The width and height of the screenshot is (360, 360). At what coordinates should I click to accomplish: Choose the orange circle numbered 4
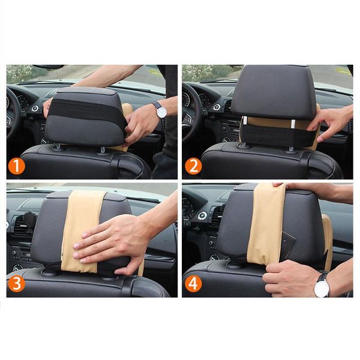(193, 283)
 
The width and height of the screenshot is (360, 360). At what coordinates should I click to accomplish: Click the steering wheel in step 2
(191, 108)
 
